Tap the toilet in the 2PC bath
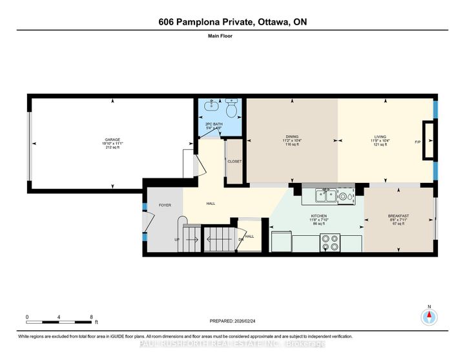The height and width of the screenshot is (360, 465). click(232, 109)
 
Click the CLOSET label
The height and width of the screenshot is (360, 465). click(234, 161)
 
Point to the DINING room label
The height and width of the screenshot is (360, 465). click(292, 136)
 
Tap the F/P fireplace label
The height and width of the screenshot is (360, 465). click(417, 142)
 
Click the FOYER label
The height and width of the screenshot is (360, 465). click(165, 205)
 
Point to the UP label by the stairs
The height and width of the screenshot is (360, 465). click(177, 238)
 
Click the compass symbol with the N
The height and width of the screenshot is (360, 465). click(429, 316)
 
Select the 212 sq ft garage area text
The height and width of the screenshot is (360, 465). click(112, 147)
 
